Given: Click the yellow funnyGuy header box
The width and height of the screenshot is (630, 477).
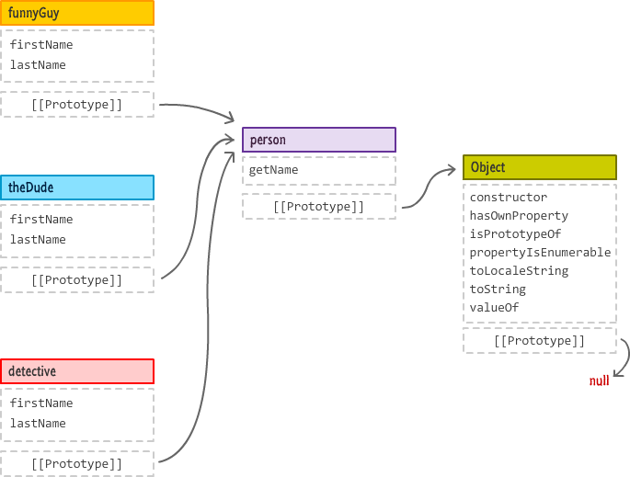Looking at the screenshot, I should click(x=76, y=13).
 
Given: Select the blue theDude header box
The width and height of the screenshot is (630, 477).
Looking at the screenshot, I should click(x=76, y=187).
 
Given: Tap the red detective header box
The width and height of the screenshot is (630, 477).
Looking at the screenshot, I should click(x=76, y=371).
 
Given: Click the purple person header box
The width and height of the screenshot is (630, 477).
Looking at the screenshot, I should click(x=318, y=140).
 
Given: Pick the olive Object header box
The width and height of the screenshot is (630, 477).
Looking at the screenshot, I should click(x=539, y=167).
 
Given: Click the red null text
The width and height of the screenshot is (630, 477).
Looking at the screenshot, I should click(x=599, y=380).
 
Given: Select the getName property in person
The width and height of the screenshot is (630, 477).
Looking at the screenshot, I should click(x=273, y=170).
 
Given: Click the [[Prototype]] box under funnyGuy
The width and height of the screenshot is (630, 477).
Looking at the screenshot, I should click(x=76, y=105).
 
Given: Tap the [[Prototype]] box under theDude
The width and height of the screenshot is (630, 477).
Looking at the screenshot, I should click(x=76, y=279).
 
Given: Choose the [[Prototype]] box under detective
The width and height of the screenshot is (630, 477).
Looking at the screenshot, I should click(x=76, y=463).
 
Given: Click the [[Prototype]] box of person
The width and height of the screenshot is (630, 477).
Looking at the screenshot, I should click(x=318, y=207).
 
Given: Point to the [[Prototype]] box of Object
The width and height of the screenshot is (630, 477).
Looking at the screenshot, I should click(x=539, y=341).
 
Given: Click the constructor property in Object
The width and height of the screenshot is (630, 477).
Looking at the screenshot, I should click(x=508, y=198).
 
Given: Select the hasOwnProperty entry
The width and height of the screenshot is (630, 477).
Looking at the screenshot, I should click(x=519, y=216).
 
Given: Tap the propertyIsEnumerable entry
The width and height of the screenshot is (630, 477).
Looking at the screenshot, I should click(x=540, y=253).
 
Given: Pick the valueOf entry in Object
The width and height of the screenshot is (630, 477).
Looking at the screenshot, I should click(x=494, y=308).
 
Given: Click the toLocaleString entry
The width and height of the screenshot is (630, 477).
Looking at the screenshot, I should click(x=519, y=271).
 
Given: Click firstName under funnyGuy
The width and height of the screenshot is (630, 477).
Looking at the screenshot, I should click(x=41, y=45).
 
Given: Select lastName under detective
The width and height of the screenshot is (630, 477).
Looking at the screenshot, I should click(x=38, y=424).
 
